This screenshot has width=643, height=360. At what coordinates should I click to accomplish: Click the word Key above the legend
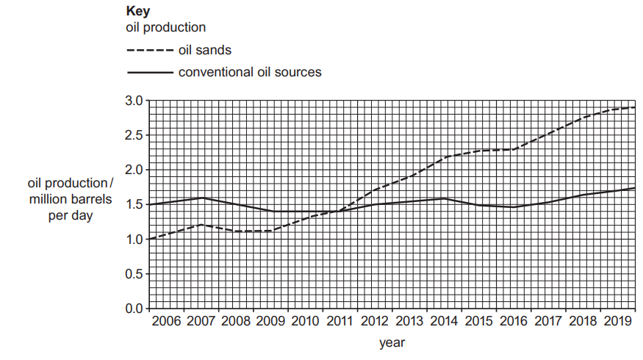point(137,12)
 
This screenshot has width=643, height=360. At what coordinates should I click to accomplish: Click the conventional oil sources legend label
point(249,72)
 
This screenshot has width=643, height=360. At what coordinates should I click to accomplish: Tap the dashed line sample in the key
point(150,51)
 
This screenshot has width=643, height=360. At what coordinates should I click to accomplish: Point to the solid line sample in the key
point(150,73)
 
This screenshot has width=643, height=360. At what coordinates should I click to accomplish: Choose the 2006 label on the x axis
point(167,322)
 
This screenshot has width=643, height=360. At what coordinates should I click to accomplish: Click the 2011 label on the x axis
point(340,322)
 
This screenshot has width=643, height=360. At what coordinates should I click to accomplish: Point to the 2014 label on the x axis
point(445,322)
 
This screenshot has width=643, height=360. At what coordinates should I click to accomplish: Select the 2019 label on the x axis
point(618,322)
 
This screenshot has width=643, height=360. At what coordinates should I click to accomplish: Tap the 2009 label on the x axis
point(271,322)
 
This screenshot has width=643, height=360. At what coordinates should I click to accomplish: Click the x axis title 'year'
point(392,342)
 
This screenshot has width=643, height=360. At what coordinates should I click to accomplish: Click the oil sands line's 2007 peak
point(201,225)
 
